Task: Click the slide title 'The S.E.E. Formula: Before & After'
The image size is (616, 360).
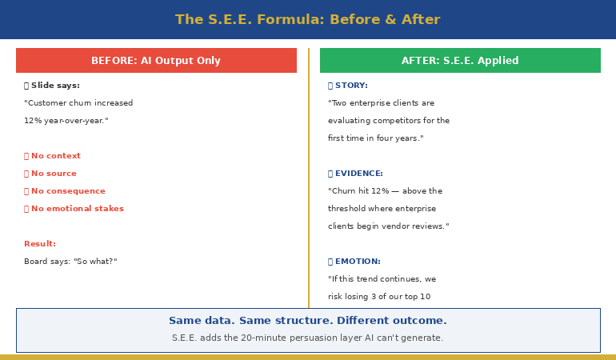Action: click(307, 20)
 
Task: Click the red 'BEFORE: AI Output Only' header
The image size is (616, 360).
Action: click(156, 61)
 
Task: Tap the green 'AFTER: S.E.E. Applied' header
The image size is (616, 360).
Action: click(460, 61)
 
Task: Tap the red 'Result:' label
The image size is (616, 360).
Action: click(40, 244)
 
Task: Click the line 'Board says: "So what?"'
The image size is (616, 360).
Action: click(70, 262)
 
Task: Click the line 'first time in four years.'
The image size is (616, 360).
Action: click(375, 138)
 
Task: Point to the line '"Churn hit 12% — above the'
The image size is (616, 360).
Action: click(385, 191)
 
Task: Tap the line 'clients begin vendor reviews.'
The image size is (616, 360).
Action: click(388, 226)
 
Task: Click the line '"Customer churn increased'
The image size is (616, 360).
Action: click(78, 103)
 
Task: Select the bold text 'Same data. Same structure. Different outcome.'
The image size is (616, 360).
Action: click(307, 321)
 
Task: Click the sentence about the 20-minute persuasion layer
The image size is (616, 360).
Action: click(307, 338)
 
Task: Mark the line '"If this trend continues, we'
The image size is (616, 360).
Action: click(382, 279)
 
